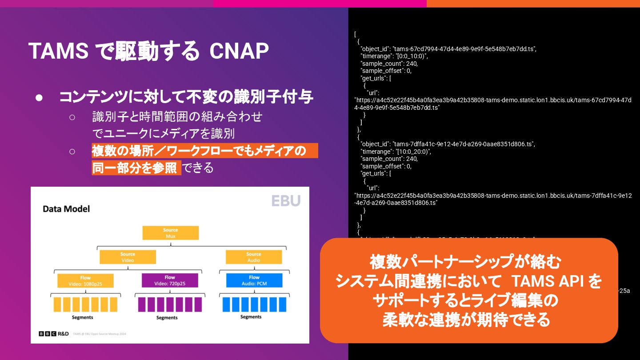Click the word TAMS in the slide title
(58, 52)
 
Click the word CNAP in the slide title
(239, 52)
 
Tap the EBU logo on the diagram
(286, 201)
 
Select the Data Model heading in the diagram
(66, 208)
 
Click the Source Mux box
(170, 233)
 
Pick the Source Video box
(128, 257)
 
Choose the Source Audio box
(254, 257)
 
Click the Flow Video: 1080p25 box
(85, 280)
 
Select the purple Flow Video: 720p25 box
(170, 280)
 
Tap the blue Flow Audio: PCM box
(254, 280)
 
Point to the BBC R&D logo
(54, 334)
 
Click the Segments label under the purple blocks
(167, 317)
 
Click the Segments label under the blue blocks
(251, 317)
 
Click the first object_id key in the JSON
(375, 49)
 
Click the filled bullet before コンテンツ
(39, 97)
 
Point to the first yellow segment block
(57, 304)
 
